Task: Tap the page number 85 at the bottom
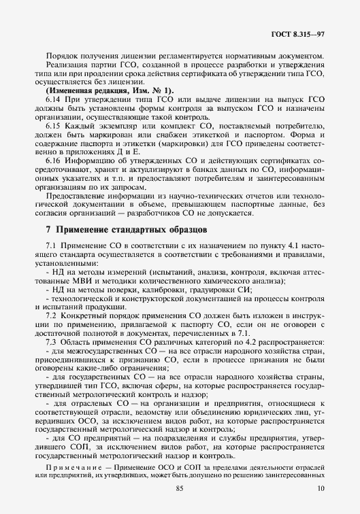(x=180, y=489)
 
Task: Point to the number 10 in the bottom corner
(x=320, y=489)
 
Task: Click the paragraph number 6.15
(x=53, y=126)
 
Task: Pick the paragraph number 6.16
(x=53, y=160)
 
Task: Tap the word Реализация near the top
(x=67, y=65)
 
